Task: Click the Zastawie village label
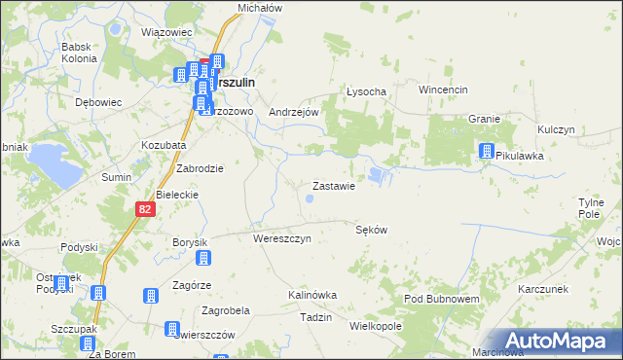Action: tap(339, 186)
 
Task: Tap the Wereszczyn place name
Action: tap(281, 238)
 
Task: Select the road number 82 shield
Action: tap(144, 208)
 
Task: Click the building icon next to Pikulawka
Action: tap(486, 151)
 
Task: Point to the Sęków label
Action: tap(372, 231)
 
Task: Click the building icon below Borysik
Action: tap(203, 258)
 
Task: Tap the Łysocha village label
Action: tap(367, 91)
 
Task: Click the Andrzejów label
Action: tap(294, 112)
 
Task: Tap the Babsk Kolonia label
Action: tap(79, 53)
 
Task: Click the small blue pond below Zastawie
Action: tap(310, 199)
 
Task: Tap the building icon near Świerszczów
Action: tap(172, 330)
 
